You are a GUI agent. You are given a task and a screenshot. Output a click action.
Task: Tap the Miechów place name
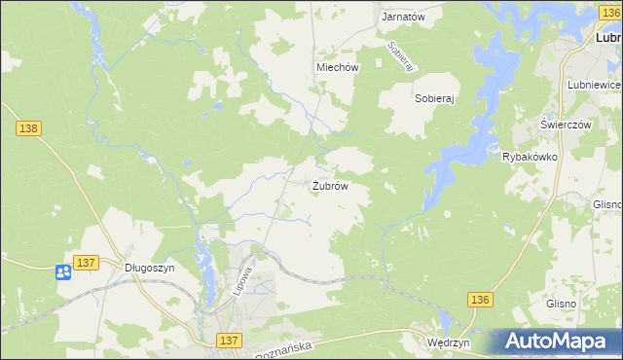(x=338, y=68)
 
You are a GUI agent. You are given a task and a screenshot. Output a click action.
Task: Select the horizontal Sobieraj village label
(x=435, y=99)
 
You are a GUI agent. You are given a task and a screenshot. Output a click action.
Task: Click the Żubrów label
(x=330, y=185)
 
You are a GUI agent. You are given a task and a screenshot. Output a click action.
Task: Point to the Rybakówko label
(x=529, y=157)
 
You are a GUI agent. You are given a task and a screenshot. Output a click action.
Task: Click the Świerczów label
(x=567, y=126)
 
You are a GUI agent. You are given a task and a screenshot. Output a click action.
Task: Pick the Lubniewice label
(x=594, y=86)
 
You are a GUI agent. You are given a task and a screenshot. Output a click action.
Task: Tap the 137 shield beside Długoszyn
(x=86, y=263)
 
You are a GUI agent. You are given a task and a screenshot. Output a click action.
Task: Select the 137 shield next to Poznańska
(x=229, y=340)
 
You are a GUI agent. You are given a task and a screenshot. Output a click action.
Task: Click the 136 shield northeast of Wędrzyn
(x=479, y=301)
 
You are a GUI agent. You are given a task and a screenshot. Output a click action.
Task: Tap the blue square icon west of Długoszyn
(x=63, y=272)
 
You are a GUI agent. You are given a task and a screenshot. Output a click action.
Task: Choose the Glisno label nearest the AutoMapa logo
(x=561, y=304)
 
